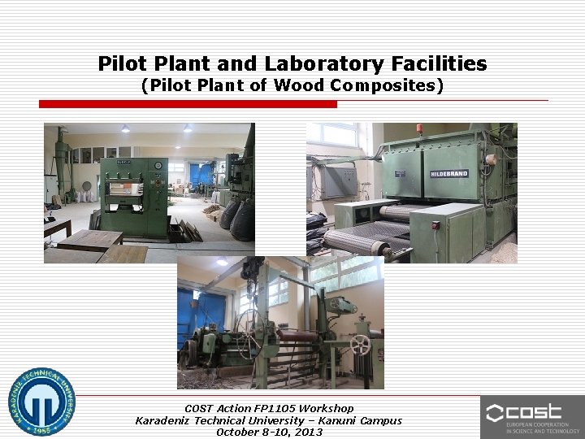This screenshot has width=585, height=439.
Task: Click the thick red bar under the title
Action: (x=188, y=104)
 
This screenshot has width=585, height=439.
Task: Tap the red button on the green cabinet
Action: (x=435, y=225)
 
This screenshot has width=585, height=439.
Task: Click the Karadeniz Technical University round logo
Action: (x=41, y=403)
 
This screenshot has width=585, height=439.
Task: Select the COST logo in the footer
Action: (x=532, y=416)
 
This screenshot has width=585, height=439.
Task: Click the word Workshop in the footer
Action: (x=327, y=408)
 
